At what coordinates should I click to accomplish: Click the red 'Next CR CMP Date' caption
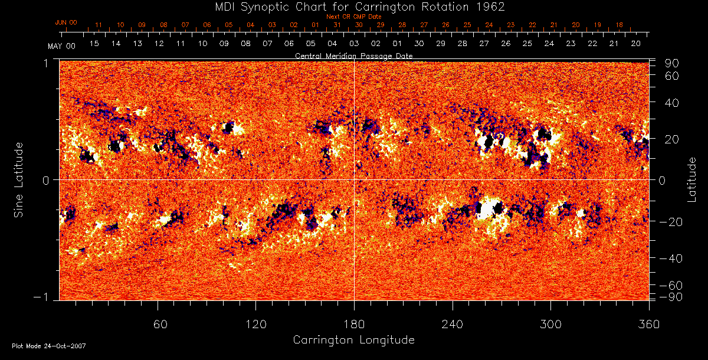pos(353,17)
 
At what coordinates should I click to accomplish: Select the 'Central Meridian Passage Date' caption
pos(353,55)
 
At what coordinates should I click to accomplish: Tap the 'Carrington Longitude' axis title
pos(353,340)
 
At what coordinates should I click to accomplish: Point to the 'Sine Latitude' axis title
pos(19,179)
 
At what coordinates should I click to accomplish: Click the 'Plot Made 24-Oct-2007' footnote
pos(49,346)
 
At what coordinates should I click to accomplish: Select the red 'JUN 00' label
pos(66,22)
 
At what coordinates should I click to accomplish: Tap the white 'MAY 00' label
pos(61,45)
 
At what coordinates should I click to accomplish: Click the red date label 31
pos(337,25)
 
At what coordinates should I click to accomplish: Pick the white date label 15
pos(94,44)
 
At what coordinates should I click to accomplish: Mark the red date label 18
pos(619,25)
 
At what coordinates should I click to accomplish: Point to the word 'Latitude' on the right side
pos(691,179)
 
